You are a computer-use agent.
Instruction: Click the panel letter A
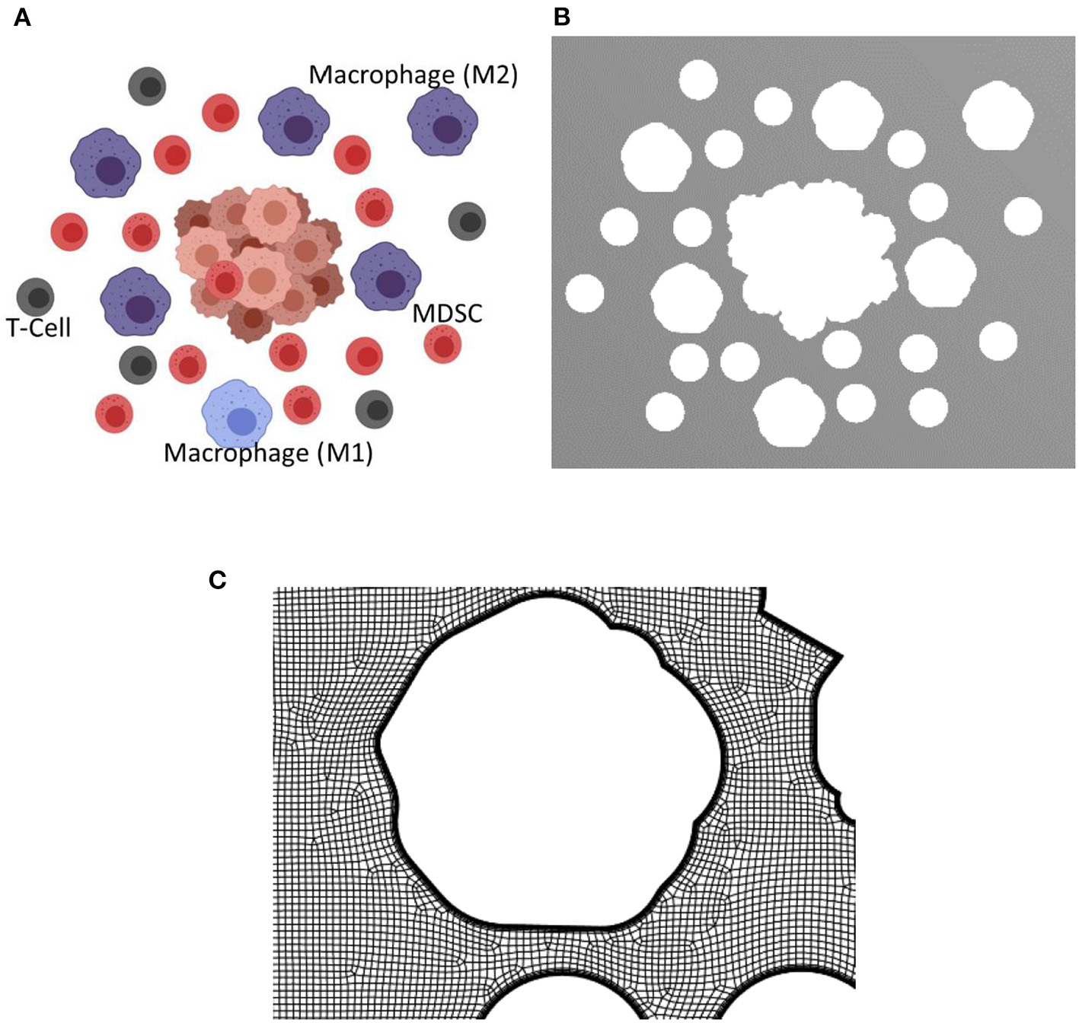[x=22, y=17]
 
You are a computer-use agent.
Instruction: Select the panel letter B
[x=562, y=17]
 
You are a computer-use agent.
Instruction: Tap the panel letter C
[x=217, y=580]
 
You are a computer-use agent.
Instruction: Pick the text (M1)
[x=344, y=453]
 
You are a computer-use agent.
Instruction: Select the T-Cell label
[x=38, y=328]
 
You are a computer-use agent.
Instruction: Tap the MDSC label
[x=447, y=314]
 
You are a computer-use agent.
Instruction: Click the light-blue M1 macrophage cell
[x=237, y=414]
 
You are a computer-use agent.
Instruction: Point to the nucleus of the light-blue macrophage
[x=241, y=422]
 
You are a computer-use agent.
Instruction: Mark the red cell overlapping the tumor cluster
[x=224, y=281]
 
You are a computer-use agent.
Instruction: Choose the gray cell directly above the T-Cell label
[x=35, y=297]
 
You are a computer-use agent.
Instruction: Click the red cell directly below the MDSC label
[x=443, y=344]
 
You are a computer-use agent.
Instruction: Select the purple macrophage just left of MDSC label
[x=386, y=278]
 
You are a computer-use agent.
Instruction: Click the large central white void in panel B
[x=807, y=259]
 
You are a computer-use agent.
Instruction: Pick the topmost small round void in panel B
[x=698, y=79]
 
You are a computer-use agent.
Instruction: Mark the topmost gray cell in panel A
[x=147, y=86]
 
